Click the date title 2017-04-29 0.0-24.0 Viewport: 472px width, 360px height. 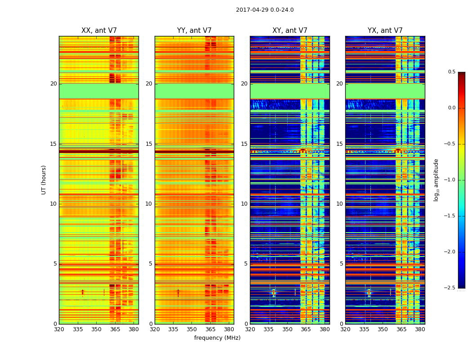click(265, 10)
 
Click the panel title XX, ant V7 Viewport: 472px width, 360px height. click(99, 31)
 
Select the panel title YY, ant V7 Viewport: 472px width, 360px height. click(194, 31)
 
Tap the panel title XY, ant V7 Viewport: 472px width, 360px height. click(290, 31)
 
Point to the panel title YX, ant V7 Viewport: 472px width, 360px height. click(385, 31)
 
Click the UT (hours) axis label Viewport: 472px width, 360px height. click(44, 180)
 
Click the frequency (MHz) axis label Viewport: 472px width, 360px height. click(217, 338)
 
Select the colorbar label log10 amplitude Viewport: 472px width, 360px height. click(436, 180)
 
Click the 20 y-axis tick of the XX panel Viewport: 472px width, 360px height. click(53, 84)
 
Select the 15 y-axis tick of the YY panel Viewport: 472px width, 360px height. click(149, 144)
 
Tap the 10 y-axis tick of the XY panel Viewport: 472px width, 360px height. click(244, 204)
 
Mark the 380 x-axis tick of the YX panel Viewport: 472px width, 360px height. click(420, 329)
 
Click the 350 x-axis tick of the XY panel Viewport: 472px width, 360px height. click(287, 329)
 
